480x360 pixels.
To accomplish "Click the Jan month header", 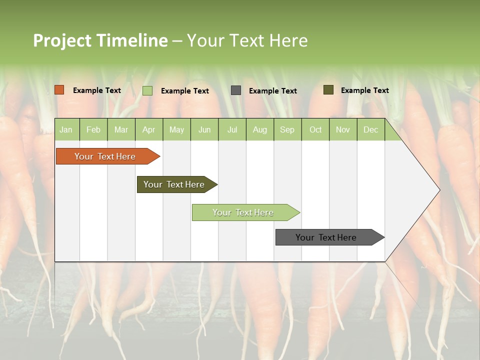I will (x=66, y=129).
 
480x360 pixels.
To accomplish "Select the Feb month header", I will (x=93, y=129).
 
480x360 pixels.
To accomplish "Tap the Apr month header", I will (x=148, y=129).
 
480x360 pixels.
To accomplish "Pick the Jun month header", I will (x=204, y=129).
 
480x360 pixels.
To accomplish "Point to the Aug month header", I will (x=259, y=129).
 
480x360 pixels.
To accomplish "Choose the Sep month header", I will (x=287, y=129).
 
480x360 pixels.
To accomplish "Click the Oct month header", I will (x=315, y=129).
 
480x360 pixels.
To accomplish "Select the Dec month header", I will (x=370, y=129).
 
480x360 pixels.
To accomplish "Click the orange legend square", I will (x=59, y=90).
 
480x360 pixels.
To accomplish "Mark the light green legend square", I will (x=147, y=90).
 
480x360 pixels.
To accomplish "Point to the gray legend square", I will (x=236, y=90).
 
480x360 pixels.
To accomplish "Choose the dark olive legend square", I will (x=328, y=90).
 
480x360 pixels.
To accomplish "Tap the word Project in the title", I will (x=61, y=40).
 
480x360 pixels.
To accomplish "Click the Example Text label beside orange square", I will (x=97, y=90).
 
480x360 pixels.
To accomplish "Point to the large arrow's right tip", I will (x=439, y=189).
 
